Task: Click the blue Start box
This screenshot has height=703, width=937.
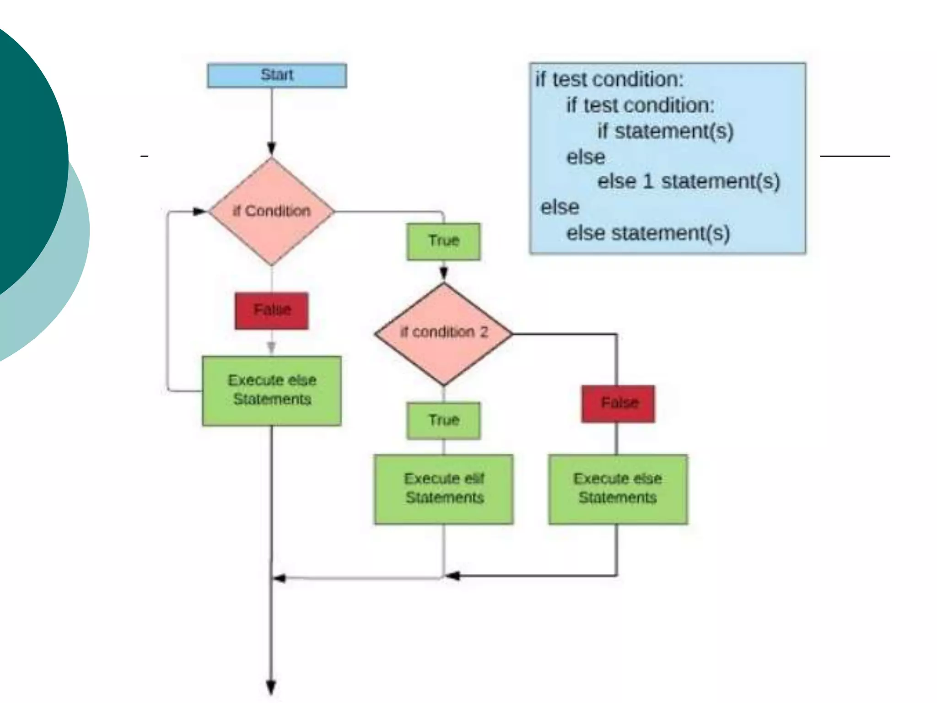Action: coord(277,76)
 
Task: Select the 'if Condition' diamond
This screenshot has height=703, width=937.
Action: coord(271,211)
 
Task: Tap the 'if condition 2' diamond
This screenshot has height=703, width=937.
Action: coord(443,334)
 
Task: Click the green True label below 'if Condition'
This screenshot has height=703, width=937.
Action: coord(443,241)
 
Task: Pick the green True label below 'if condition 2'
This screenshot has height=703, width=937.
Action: coord(443,421)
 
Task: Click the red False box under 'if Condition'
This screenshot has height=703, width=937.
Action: coord(272,311)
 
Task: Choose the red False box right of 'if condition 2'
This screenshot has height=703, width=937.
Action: coord(618,404)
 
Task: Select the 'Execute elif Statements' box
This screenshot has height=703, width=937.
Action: coord(443,489)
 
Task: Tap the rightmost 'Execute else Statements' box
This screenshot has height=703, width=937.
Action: coord(618,489)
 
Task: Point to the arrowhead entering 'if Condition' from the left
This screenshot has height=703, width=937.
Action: coord(200,211)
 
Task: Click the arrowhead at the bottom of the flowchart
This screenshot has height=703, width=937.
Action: coord(271,688)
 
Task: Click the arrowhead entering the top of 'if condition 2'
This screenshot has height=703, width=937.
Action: coord(443,274)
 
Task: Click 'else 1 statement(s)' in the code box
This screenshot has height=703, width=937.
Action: coord(688,182)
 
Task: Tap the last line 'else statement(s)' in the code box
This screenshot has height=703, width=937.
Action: coord(648,233)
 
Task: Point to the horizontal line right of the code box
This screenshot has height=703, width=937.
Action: coord(855,156)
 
